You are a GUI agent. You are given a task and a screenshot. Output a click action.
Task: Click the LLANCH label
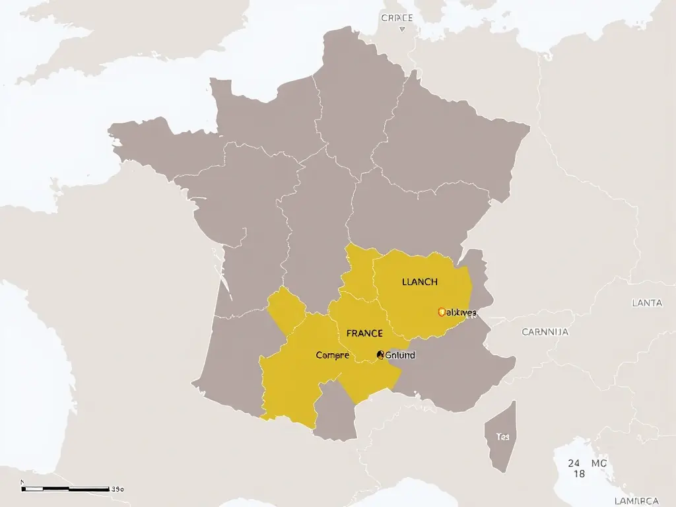pos(419,282)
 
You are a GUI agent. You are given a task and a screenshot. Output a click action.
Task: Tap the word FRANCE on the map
pos(364,333)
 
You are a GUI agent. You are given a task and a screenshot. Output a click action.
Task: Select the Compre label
pos(332,355)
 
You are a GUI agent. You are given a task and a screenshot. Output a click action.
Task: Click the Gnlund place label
pos(399,355)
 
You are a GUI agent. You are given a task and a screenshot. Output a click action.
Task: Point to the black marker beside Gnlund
pos(380,355)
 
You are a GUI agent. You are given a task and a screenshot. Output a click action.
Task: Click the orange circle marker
pos(442,312)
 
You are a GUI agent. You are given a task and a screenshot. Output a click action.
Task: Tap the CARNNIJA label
pos(545,332)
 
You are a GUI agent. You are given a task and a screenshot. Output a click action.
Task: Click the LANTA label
pos(646,303)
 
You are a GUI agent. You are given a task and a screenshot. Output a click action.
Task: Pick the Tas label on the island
pos(502,437)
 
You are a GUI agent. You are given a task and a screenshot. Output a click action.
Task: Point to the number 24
pos(574,463)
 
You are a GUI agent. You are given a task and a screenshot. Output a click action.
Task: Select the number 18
pos(579,474)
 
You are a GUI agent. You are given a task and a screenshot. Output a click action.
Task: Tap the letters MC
pos(599,463)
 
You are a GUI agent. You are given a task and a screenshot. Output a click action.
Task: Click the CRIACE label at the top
pos(397,18)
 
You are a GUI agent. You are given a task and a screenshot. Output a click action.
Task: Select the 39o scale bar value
pos(118,489)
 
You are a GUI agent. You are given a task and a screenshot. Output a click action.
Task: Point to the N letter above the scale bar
pos(23,483)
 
